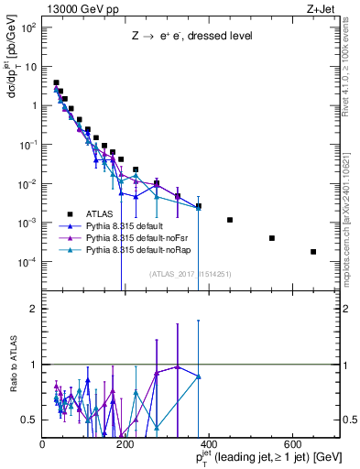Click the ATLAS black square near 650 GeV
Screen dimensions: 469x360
pyautogui.click(x=313, y=252)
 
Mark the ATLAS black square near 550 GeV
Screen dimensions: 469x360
pyautogui.click(x=272, y=238)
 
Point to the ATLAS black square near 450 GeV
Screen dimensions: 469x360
pyautogui.click(x=230, y=220)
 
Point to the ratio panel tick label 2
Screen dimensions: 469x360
pyautogui.click(x=34, y=309)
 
